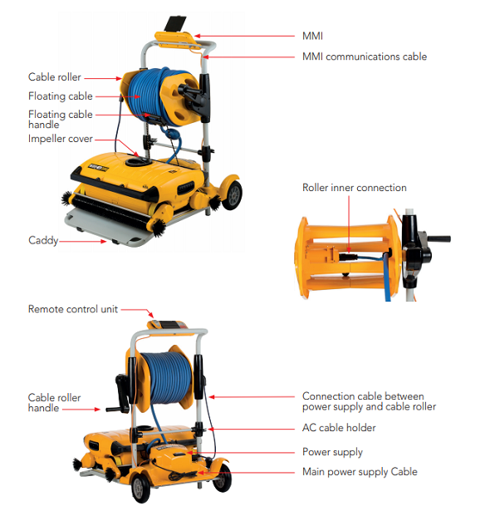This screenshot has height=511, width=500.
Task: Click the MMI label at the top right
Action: pyautogui.click(x=312, y=37)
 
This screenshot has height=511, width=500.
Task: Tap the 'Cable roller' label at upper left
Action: pyautogui.click(x=55, y=77)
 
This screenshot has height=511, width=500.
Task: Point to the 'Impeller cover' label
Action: pyautogui.click(x=61, y=139)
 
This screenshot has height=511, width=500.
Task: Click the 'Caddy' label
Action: pyautogui.click(x=43, y=240)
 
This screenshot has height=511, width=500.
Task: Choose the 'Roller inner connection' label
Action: pyautogui.click(x=355, y=188)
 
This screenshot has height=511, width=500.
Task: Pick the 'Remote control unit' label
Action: pyautogui.click(x=73, y=309)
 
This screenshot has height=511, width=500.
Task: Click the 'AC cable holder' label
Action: pyautogui.click(x=339, y=428)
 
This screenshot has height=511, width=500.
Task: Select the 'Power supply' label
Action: pyautogui.click(x=332, y=452)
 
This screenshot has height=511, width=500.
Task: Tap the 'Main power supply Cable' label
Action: pyautogui.click(x=360, y=472)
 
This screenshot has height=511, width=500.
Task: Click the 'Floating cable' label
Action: pyautogui.click(x=61, y=96)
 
